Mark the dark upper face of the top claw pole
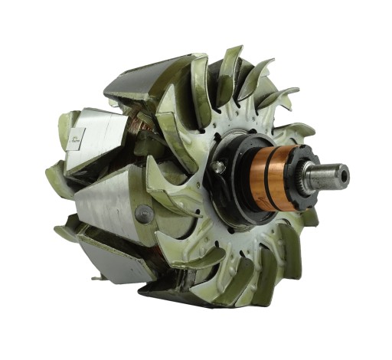[145, 77]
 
